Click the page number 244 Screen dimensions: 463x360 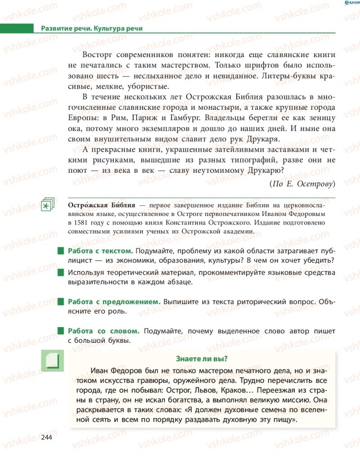[46, 437]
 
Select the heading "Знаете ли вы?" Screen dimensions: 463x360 [201, 358]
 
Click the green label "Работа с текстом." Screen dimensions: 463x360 [100, 251]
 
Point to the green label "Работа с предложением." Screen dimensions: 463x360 [114, 301]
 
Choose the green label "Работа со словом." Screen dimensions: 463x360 [103, 331]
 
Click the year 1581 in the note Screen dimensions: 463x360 [78, 222]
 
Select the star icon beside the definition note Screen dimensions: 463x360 [46, 205]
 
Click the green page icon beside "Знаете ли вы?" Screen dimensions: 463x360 [53, 361]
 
